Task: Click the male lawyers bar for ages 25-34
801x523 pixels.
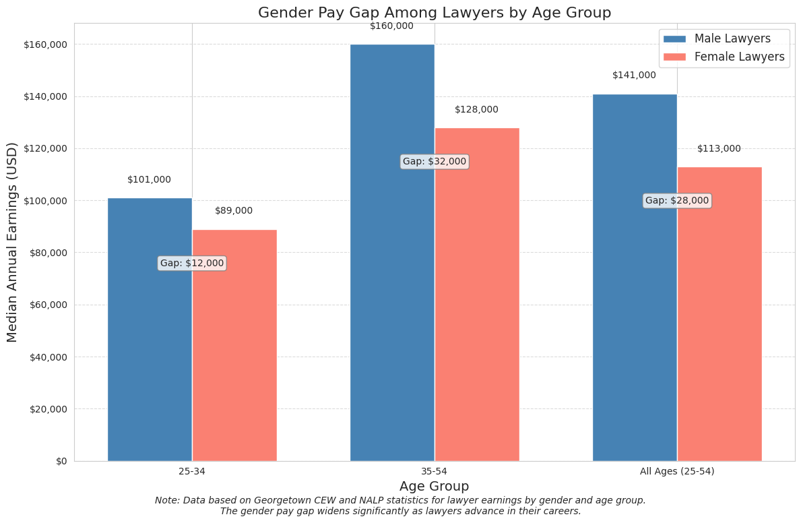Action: (150, 350)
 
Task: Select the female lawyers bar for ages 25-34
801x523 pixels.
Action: (234, 364)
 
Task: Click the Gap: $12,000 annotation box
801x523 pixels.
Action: (192, 264)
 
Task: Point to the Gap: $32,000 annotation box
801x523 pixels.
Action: (435, 162)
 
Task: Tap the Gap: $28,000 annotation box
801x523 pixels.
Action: (677, 201)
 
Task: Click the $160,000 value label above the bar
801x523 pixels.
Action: (391, 26)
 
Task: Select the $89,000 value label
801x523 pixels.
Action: (234, 211)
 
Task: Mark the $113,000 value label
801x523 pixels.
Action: (719, 149)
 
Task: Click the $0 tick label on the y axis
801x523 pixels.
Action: (61, 461)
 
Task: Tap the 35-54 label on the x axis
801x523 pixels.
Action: (435, 472)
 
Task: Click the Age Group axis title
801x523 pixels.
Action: (434, 487)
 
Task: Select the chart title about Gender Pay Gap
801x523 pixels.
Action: (435, 13)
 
